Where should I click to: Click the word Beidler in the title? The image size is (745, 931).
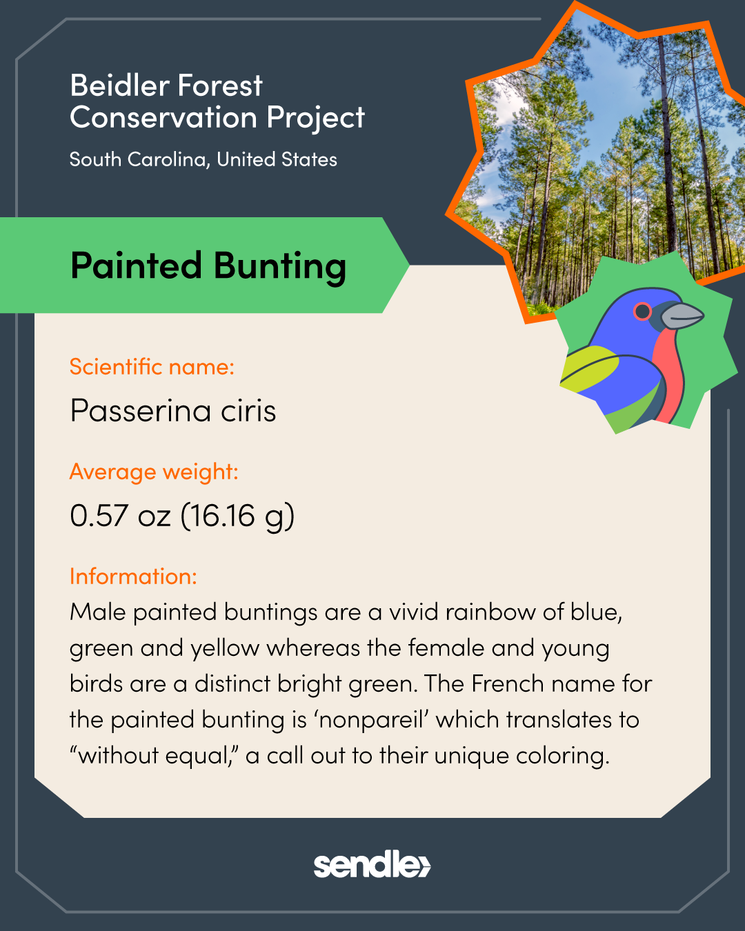pos(119,86)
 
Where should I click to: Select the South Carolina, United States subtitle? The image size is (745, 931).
pos(203,159)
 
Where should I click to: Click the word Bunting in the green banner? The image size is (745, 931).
pos(279,266)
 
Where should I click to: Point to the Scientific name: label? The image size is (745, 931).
pos(152,367)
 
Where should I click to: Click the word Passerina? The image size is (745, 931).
pos(140,410)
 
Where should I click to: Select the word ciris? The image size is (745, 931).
pos(248,410)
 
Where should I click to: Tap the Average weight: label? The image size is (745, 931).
pos(154,472)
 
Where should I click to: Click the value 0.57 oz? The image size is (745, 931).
pos(120,515)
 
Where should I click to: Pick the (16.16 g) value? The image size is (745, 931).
pos(238,516)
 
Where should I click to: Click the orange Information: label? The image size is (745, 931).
pos(133,577)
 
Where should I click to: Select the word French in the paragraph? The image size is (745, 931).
pos(508,684)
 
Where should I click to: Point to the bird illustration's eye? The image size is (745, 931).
pos(642,310)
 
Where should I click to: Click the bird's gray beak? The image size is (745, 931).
pos(682,315)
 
